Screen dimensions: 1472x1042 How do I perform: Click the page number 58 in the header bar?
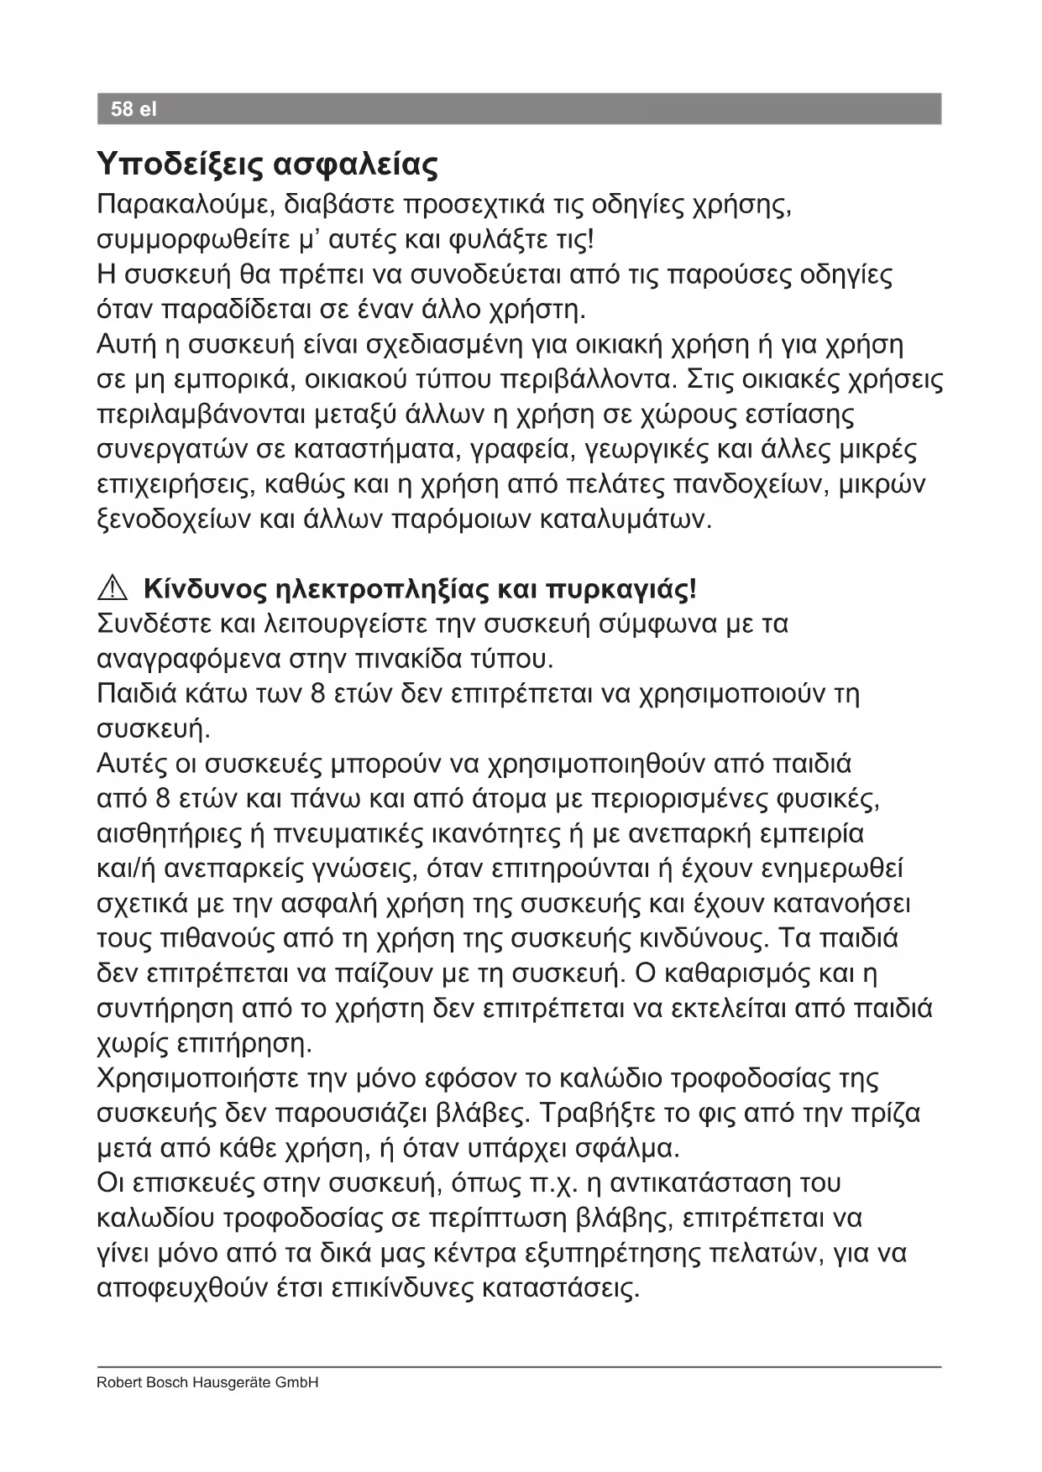(x=122, y=109)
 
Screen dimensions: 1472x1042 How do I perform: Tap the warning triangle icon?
(x=112, y=590)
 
